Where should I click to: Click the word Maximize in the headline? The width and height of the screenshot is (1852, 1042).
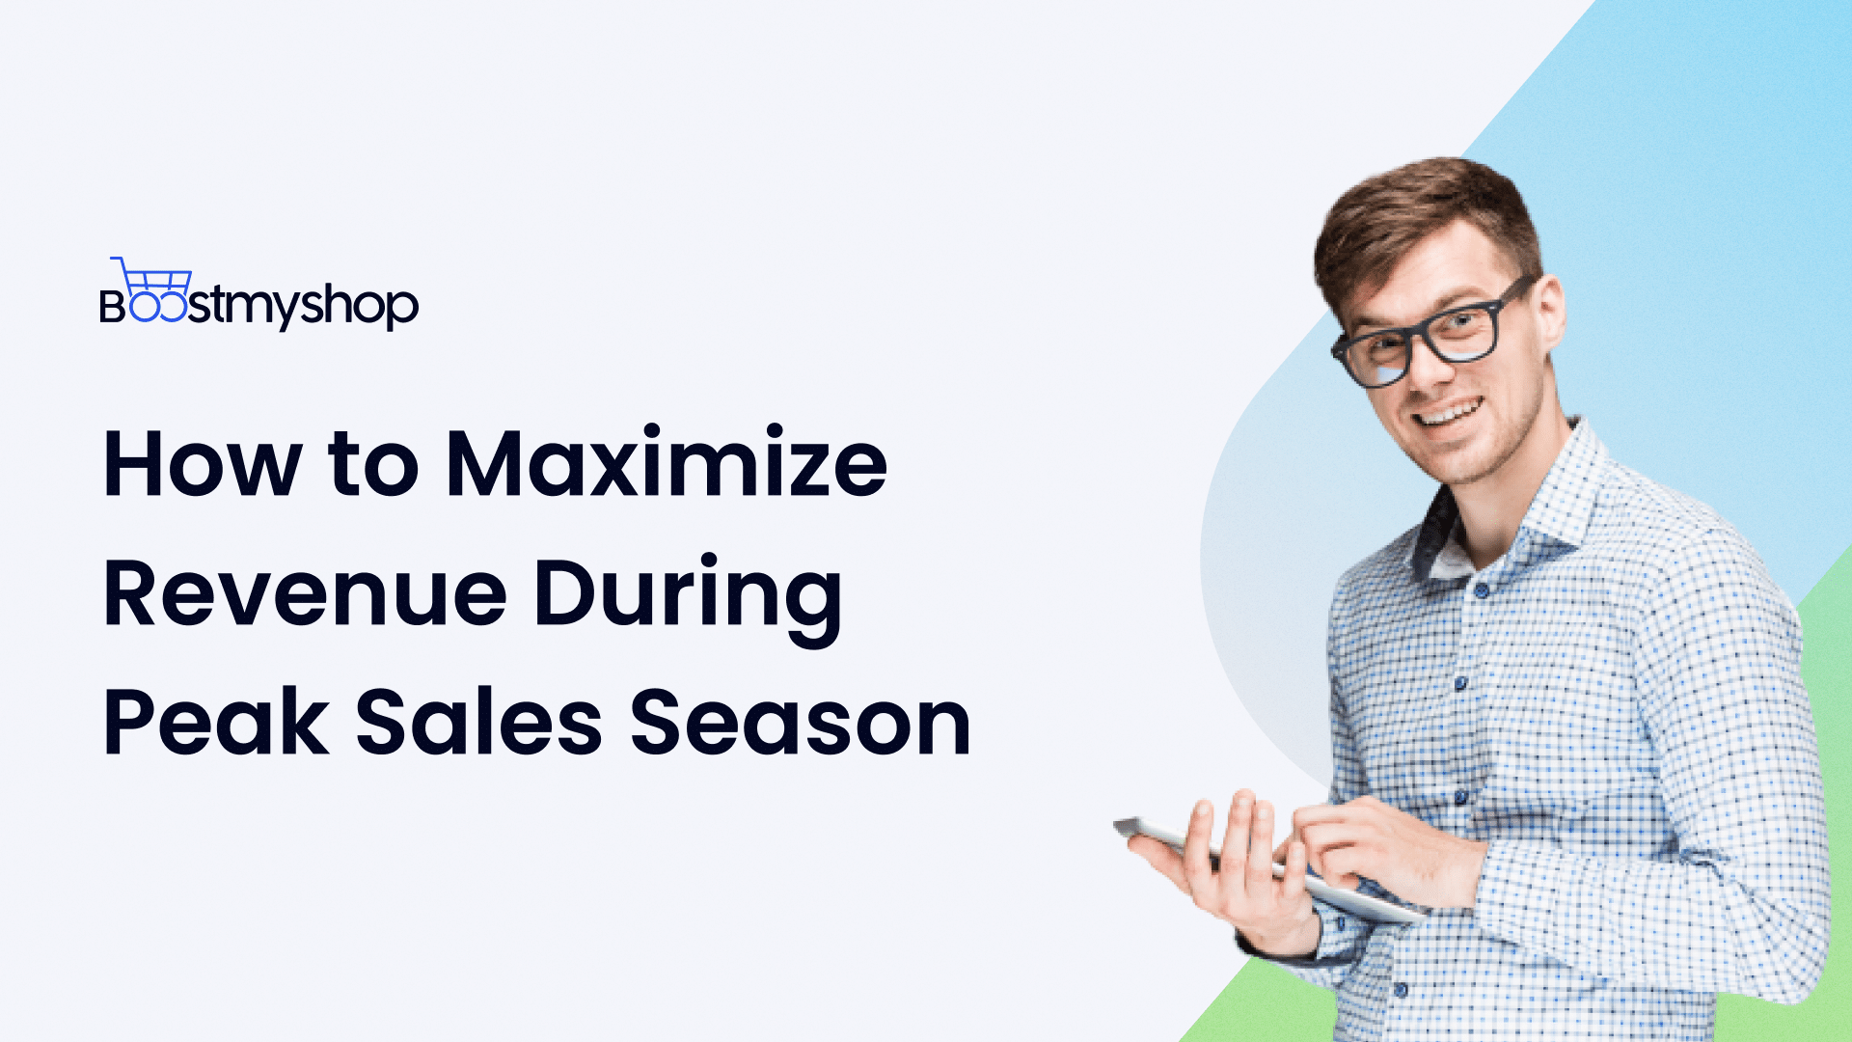coord(666,464)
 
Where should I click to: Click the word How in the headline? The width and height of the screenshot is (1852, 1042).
coord(201,464)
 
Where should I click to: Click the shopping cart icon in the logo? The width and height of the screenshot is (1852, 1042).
coord(151,279)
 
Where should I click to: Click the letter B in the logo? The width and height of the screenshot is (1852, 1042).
coord(112,307)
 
